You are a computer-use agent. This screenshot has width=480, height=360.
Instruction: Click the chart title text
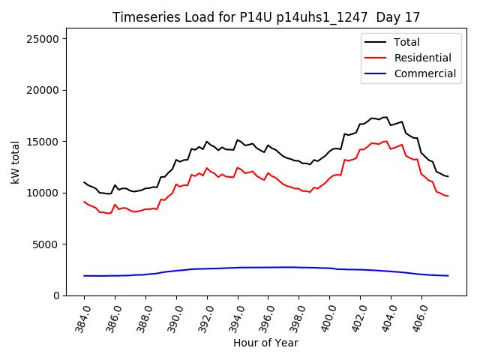(266, 16)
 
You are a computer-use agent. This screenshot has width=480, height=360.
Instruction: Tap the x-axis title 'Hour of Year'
(265, 343)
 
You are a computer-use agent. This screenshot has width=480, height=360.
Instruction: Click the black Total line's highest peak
(386, 117)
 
